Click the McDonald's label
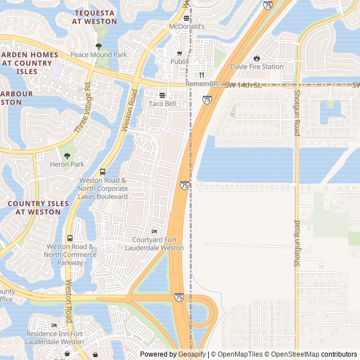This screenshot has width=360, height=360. click(x=187, y=26)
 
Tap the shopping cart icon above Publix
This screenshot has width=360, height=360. click(x=179, y=53)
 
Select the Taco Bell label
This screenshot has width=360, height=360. click(x=163, y=104)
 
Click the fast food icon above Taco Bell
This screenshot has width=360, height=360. click(x=163, y=94)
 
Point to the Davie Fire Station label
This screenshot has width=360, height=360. click(x=256, y=66)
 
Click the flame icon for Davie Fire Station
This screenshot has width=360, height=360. click(x=256, y=57)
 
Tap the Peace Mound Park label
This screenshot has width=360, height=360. click(x=98, y=55)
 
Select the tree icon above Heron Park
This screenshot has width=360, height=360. click(x=67, y=155)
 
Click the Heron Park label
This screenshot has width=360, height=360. click(x=67, y=164)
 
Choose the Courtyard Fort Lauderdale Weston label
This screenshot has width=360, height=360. click(x=154, y=244)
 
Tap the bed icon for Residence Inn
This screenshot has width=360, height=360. click(x=54, y=325)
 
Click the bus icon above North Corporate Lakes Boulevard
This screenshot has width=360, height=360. click(x=102, y=172)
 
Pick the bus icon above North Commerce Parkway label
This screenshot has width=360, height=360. click(x=70, y=238)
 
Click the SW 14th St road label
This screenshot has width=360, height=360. click(x=243, y=85)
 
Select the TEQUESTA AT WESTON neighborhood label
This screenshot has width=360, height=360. click(x=94, y=17)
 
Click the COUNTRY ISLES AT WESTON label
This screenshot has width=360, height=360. click(x=38, y=208)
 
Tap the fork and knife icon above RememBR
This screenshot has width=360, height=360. click(x=201, y=74)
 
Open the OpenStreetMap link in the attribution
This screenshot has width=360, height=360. click(x=292, y=354)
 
